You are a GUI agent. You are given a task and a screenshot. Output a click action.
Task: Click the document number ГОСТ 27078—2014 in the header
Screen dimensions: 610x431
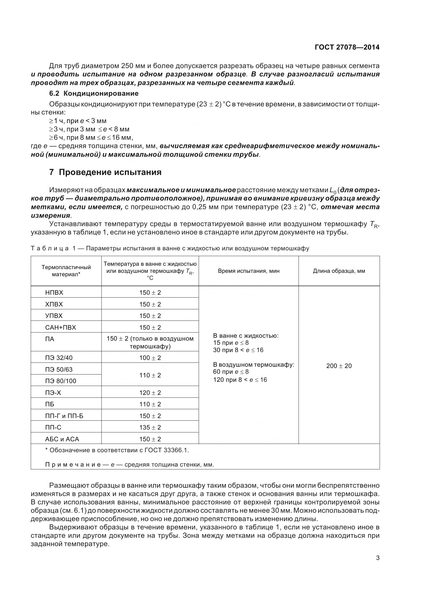tap(347, 47)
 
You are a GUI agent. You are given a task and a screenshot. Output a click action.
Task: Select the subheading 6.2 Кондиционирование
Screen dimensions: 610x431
tap(94, 93)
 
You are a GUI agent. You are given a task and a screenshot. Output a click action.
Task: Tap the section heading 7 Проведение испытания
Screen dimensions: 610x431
tap(105, 172)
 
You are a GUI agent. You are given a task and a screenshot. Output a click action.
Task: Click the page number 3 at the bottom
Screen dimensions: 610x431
tap(378, 558)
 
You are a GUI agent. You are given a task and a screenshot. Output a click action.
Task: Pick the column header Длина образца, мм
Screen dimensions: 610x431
tap(339, 271)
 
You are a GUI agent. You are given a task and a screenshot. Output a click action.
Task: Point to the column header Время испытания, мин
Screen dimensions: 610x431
tap(248, 271)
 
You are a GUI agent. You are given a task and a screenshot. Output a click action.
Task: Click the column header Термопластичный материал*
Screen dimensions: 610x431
tap(66, 271)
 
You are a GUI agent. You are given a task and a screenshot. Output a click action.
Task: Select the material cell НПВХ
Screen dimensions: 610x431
tap(54, 293)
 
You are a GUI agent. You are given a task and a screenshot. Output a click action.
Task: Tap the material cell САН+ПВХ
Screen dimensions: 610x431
tap(60, 327)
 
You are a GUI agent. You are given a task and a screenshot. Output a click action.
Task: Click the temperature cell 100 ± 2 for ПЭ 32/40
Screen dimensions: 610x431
tap(150, 358)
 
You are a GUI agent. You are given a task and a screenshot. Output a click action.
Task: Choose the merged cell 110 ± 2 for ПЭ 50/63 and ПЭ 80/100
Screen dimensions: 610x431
tap(150, 375)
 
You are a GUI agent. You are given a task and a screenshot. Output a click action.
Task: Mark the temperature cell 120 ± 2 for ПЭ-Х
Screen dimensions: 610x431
tap(150, 393)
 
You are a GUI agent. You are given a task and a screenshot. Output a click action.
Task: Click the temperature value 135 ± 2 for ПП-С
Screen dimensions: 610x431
tap(150, 427)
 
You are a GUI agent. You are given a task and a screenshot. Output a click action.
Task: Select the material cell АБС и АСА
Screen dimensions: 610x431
tap(62, 439)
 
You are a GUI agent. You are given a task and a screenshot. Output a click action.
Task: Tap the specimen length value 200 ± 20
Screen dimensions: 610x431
tap(339, 366)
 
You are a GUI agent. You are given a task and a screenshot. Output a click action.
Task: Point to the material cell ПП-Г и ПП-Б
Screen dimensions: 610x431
tap(64, 416)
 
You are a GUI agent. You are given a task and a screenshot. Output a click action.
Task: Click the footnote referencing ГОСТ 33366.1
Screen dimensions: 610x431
tap(117, 450)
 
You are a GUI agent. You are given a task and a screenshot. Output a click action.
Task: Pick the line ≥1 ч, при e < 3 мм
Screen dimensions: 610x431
tap(77, 121)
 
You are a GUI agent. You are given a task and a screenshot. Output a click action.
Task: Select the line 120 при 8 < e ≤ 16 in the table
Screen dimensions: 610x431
tap(240, 380)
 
